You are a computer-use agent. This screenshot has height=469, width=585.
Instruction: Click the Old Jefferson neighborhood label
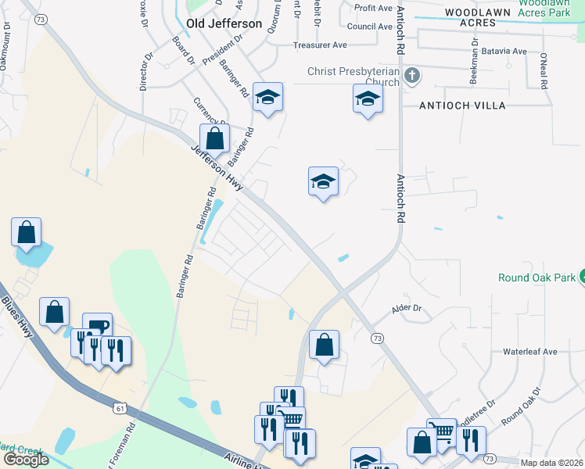pyautogui.click(x=224, y=24)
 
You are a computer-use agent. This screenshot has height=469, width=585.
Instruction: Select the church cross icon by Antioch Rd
pyautogui.click(x=413, y=76)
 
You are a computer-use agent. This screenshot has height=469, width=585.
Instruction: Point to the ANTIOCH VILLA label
pyautogui.click(x=462, y=105)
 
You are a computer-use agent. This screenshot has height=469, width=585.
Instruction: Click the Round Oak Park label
pyautogui.click(x=536, y=277)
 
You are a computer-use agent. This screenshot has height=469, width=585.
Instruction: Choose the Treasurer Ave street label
pyautogui.click(x=320, y=45)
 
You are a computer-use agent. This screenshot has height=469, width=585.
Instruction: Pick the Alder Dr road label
pyautogui.click(x=406, y=309)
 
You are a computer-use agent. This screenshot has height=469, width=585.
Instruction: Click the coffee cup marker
pyautogui.click(x=97, y=326)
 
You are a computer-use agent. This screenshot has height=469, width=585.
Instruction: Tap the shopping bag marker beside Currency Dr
pyautogui.click(x=214, y=138)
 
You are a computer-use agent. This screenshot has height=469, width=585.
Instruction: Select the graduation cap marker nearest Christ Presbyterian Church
pyautogui.click(x=368, y=98)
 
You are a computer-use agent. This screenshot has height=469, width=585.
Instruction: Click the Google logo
pyautogui.click(x=26, y=460)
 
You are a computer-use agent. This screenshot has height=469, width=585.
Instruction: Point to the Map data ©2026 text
pyautogui.click(x=551, y=463)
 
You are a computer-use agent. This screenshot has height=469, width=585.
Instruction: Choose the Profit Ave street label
pyautogui.click(x=372, y=8)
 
